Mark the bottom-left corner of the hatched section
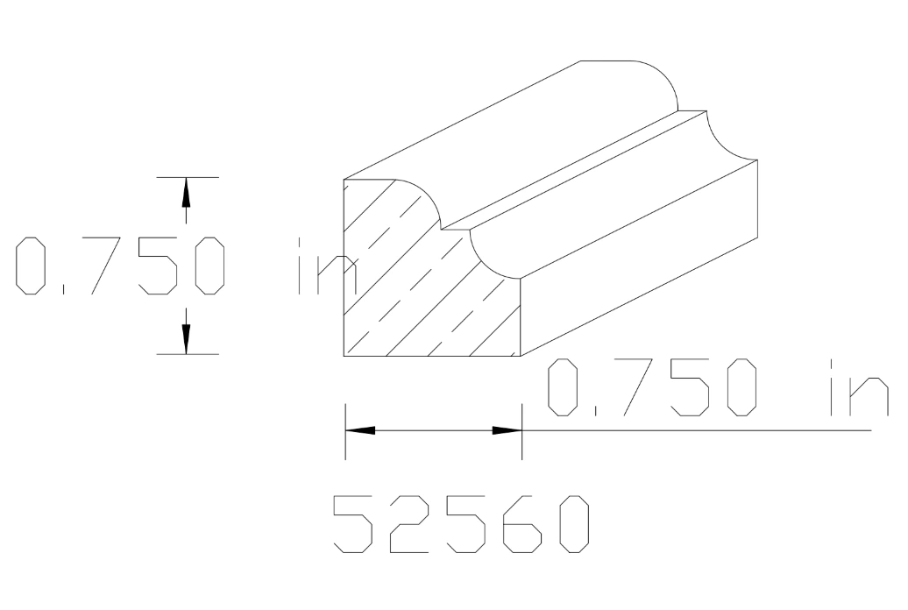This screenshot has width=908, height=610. [344, 357]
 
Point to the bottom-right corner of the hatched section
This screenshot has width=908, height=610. [521, 357]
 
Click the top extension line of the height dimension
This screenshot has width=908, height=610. [188, 177]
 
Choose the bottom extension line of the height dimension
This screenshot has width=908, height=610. [188, 354]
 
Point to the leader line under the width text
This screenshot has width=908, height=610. [701, 430]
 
